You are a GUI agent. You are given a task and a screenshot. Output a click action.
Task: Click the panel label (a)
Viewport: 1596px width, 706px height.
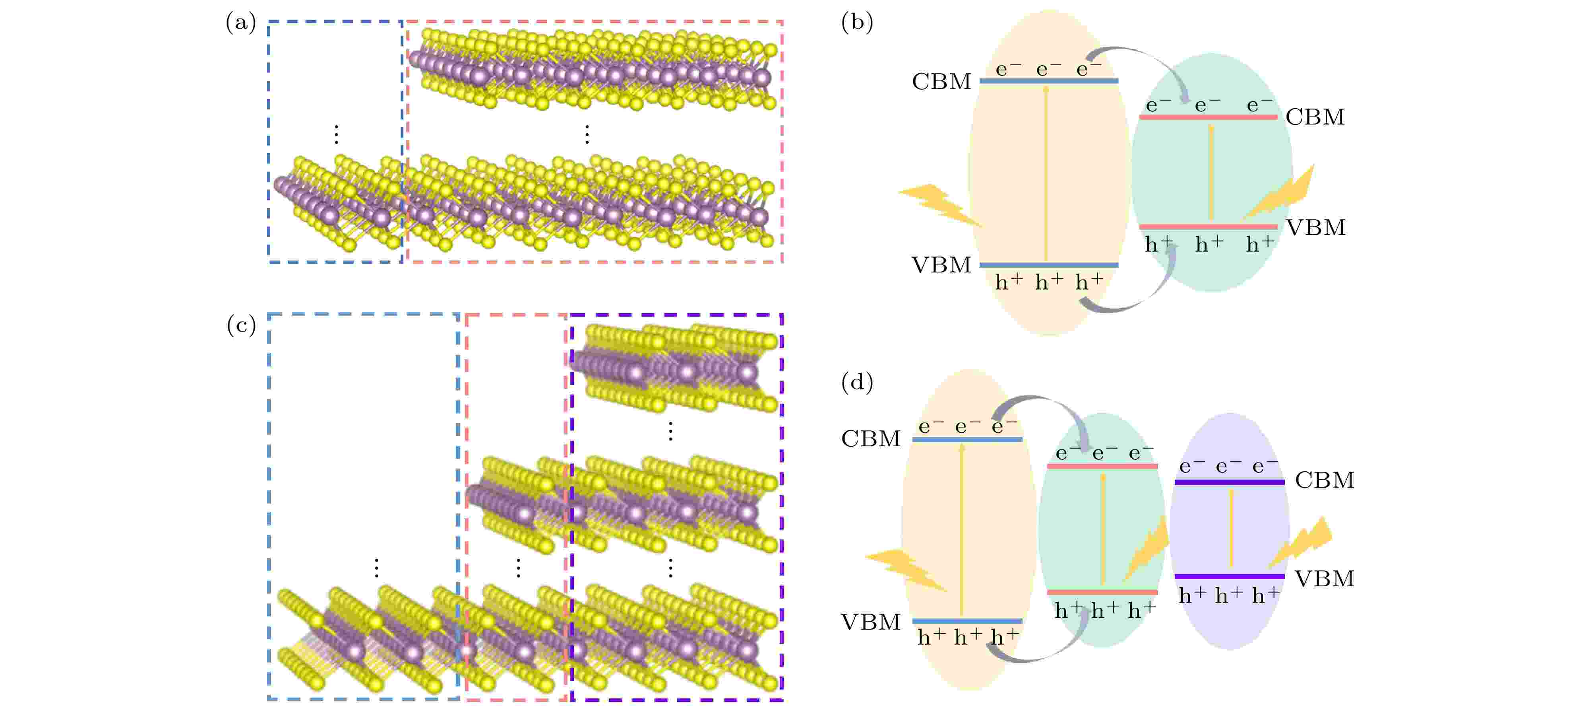(x=241, y=23)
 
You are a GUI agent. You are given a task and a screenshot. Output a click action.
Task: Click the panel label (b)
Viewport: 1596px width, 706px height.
(x=857, y=23)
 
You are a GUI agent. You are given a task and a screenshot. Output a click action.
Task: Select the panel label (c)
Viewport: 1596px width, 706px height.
(x=241, y=325)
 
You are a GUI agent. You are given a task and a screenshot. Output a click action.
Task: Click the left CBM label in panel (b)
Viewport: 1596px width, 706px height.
(x=941, y=81)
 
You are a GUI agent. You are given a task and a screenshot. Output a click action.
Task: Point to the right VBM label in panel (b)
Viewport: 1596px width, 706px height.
(x=1315, y=228)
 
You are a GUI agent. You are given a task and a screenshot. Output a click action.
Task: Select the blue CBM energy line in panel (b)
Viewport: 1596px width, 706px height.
(x=1049, y=81)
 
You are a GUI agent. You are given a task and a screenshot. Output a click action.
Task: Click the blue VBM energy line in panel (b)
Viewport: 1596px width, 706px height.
(x=1049, y=265)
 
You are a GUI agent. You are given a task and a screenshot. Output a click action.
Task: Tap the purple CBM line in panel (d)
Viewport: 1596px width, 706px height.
(x=1229, y=482)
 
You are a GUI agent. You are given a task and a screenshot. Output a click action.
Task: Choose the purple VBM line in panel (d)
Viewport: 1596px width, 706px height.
(x=1229, y=576)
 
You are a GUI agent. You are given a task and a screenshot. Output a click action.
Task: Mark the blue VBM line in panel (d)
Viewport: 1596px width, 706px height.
(x=967, y=620)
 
